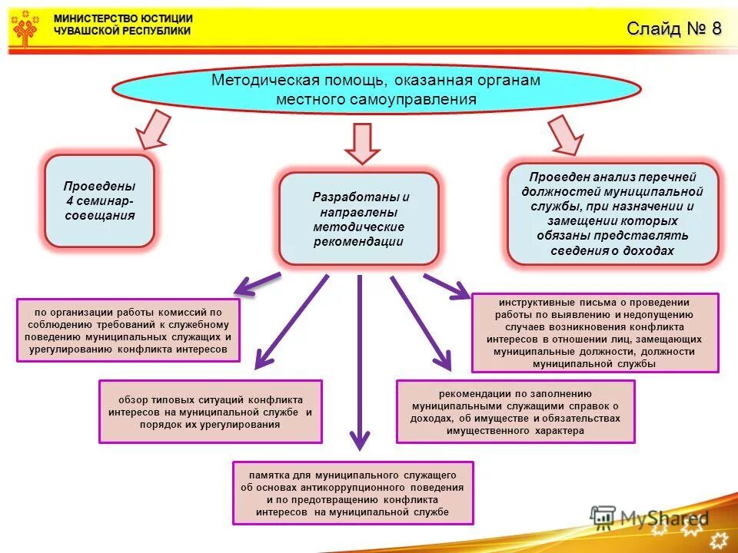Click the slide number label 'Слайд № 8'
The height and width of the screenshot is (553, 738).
coord(673,29)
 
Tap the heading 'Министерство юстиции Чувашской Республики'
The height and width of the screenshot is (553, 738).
coord(123,25)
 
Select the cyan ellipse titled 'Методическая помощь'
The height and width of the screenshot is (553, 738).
coord(376,90)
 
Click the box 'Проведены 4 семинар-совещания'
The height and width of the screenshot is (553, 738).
coord(99,201)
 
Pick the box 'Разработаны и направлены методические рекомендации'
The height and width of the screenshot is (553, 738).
coord(358,219)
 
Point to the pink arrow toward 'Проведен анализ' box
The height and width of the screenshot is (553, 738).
coord(567,134)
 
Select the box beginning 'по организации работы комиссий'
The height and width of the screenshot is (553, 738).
coord(128,330)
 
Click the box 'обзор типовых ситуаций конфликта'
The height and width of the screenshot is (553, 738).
coord(210,412)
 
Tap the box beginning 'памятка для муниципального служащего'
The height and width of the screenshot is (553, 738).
coord(353,492)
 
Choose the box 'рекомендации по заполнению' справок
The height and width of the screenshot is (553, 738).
coord(515,412)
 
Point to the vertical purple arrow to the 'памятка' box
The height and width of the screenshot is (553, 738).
coord(359,361)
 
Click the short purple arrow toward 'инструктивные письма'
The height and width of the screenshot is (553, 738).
coord(446,285)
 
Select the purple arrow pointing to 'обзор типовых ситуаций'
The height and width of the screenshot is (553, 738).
coord(292,319)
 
